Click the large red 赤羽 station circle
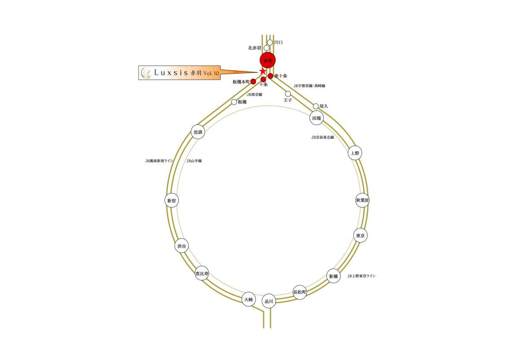coord(268,60)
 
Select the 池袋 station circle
coord(198,132)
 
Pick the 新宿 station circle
coord(171,201)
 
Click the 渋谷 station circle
coord(181,246)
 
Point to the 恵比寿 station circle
coord(202,273)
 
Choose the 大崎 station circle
coord(249,299)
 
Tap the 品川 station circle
coord(269,302)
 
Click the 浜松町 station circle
coord(299,292)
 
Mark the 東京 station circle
coord(360,235)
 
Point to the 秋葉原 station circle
coord(362,200)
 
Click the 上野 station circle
coord(355,153)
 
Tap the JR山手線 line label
coord(194,161)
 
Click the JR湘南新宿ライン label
coord(159,161)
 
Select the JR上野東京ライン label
coord(361,275)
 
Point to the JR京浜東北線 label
coord(322,137)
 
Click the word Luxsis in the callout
coord(171,72)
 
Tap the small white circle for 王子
coord(288,94)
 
